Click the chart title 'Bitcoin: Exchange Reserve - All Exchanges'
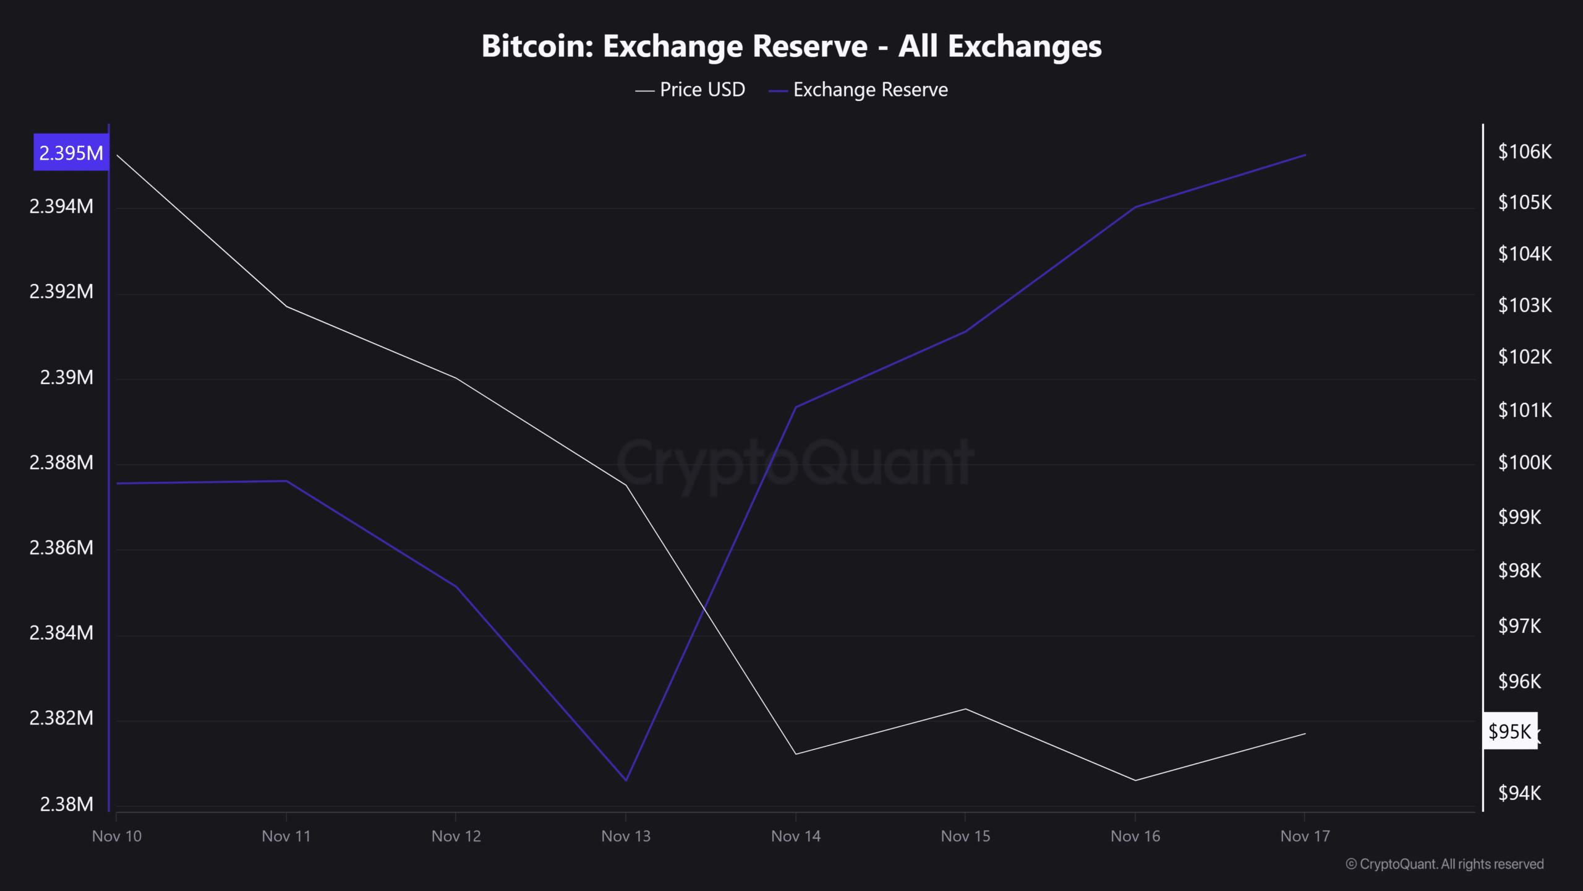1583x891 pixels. (791, 46)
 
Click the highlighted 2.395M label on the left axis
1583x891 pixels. (71, 153)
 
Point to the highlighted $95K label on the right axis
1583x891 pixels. (1509, 731)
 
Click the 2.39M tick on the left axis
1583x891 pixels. (66, 377)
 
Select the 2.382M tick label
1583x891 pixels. (61, 718)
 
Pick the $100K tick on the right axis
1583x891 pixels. (1524, 462)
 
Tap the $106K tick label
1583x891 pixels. (1524, 152)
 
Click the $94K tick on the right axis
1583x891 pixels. (1519, 793)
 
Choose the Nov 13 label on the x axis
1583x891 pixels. (626, 837)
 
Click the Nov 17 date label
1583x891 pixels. (1305, 837)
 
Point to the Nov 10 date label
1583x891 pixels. (117, 837)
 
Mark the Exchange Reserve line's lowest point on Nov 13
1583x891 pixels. (626, 780)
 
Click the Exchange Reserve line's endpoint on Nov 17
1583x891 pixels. (1305, 155)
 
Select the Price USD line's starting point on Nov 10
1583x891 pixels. (117, 155)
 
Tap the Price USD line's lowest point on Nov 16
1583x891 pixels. (1135, 780)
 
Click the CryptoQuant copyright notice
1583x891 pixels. (1444, 864)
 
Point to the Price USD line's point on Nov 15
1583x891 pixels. (965, 709)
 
